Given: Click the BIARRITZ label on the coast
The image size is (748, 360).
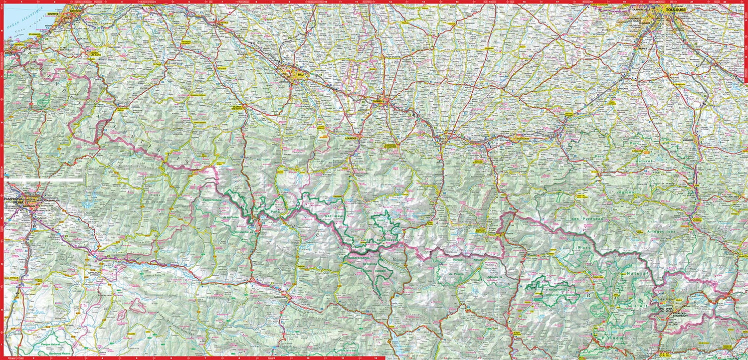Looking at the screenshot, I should coord(54,14).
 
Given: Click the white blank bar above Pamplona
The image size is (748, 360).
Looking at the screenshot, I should coord(45,179).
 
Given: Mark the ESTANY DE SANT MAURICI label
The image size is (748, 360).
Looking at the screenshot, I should coord(549,296).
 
